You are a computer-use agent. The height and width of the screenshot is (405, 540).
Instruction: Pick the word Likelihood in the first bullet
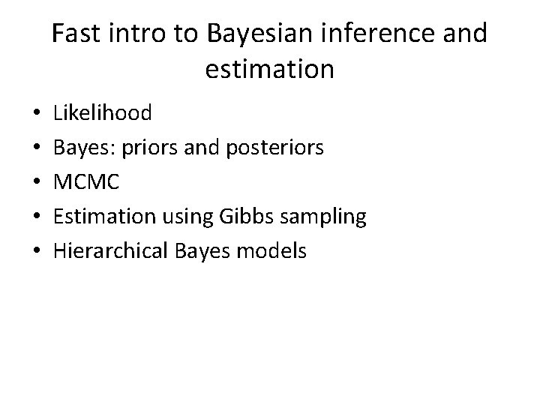pos(102,113)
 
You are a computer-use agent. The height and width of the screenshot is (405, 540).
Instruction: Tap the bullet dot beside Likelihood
pos(37,114)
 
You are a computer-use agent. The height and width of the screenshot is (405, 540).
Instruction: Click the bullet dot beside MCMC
pos(37,183)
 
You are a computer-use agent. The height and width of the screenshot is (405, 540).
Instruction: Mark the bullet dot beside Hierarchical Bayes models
pos(37,252)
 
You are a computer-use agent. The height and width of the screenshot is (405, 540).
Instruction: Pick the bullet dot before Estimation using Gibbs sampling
pos(37,217)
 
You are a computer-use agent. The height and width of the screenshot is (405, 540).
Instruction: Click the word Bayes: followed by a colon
pos(82,148)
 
